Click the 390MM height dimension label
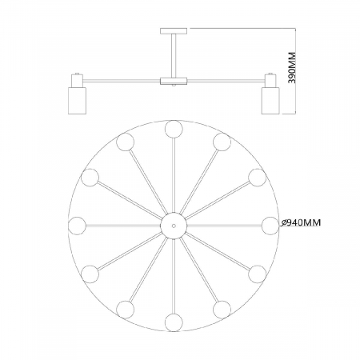pos(293,67)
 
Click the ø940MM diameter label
pos(301,222)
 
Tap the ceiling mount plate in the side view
pos(174,31)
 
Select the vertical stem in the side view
pos(174,56)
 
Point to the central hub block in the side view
pos(174,81)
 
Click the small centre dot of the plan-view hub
pos(174,226)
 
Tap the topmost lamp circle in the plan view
pos(174,129)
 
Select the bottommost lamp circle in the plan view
pos(174,322)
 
